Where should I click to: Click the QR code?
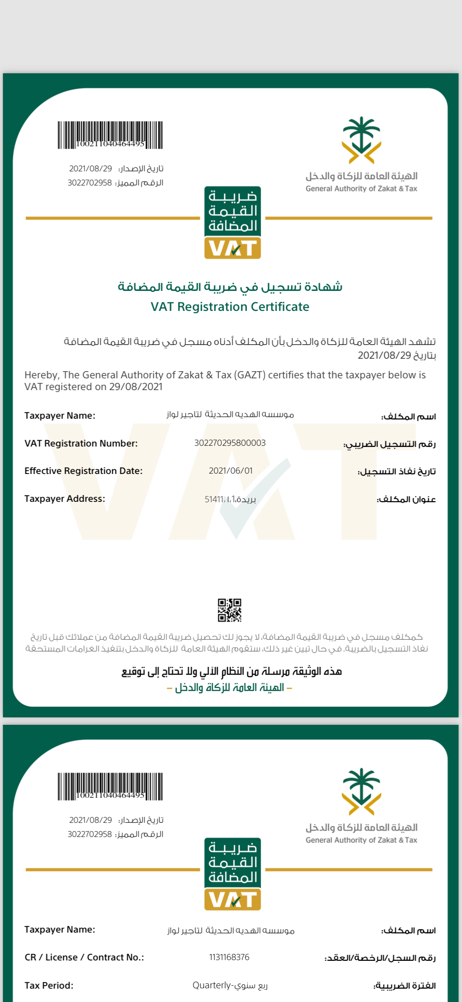coord(230,610)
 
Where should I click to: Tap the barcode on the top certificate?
coord(110,135)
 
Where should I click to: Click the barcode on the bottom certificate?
coord(110,786)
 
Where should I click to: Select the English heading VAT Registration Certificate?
coord(230,307)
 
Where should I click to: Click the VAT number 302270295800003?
coord(230,443)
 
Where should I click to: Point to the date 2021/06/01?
coord(230,470)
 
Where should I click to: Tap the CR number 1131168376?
coord(229,957)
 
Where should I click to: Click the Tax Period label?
coord(49,985)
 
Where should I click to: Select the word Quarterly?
coord(212,985)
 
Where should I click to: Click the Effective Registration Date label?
coord(83,471)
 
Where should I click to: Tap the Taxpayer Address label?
coord(65,499)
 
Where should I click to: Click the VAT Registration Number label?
coord(81,443)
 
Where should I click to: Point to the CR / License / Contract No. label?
coord(84,957)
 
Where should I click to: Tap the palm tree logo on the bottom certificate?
coord(361,791)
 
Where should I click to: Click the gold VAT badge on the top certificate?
coord(233,248)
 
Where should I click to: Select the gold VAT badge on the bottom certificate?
coord(233,900)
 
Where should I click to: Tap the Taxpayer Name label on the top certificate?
coord(60,416)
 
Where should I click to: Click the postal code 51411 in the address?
coord(214,499)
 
